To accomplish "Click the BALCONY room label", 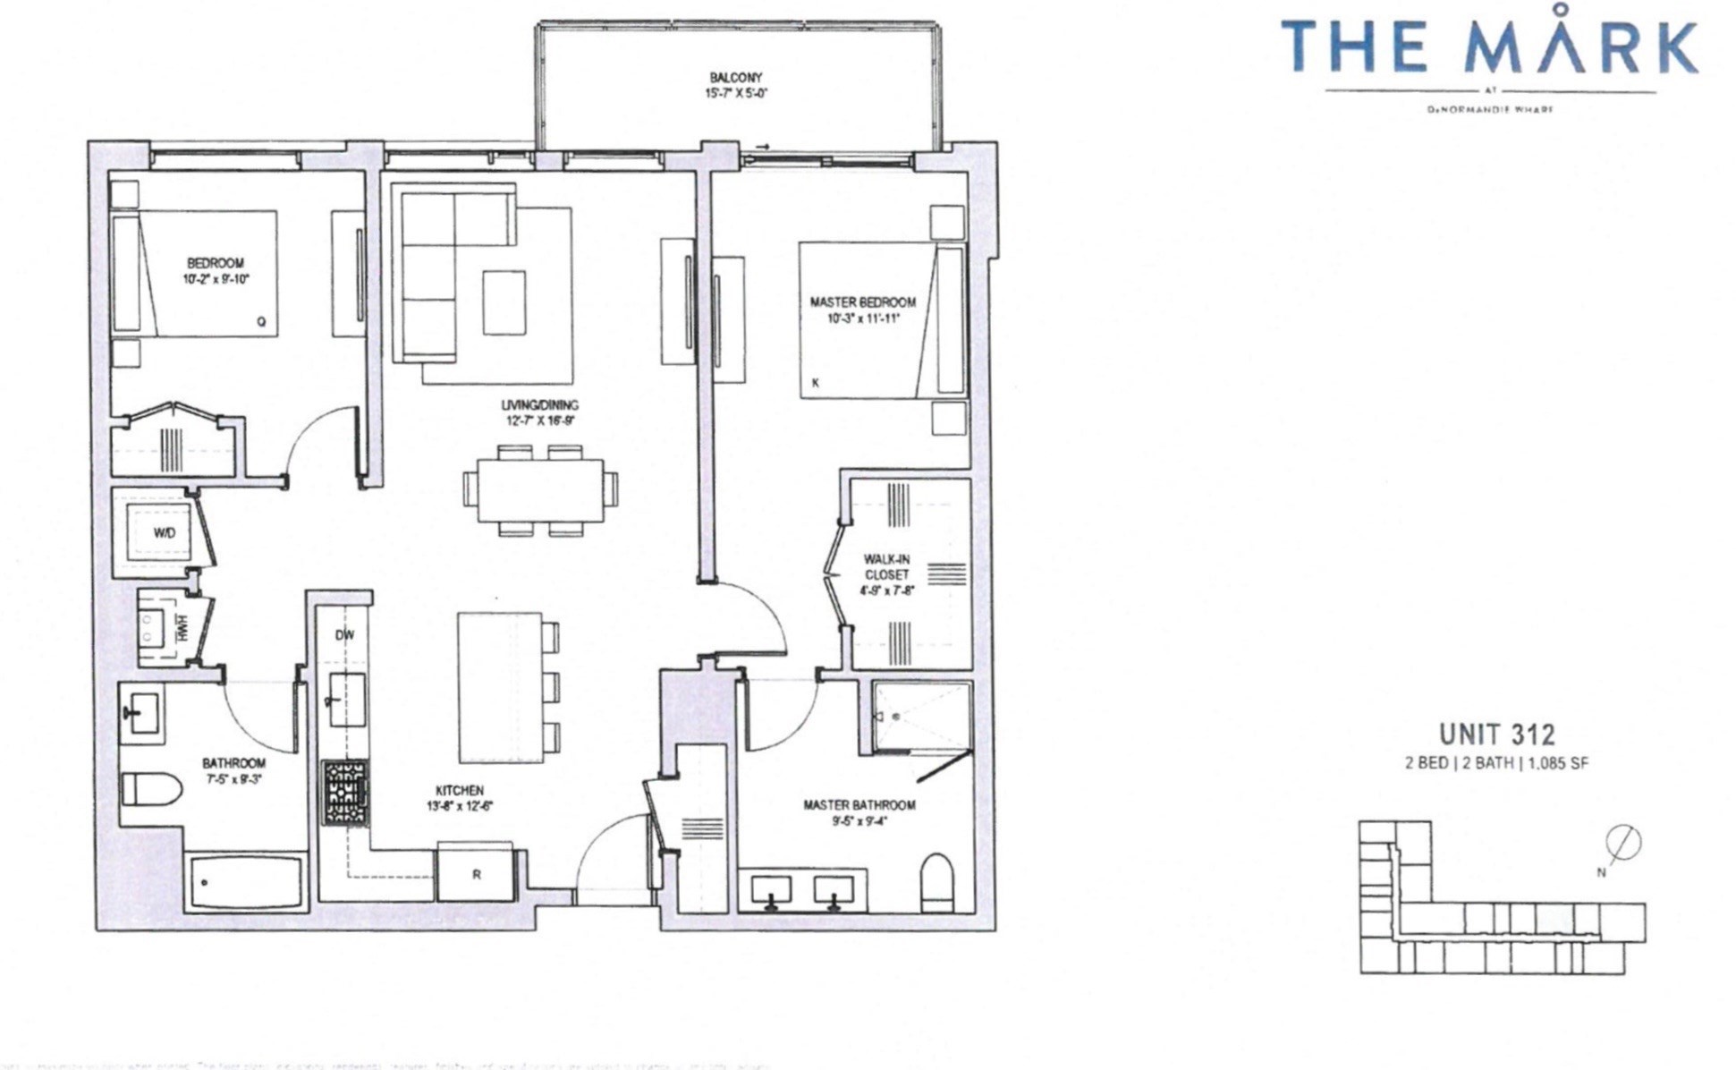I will [x=735, y=78].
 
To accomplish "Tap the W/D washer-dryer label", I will [x=165, y=533].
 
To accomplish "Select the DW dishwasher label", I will [x=344, y=635].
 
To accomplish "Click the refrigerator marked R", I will [x=476, y=874].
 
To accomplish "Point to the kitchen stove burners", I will [x=345, y=792].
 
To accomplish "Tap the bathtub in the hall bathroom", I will [x=246, y=883].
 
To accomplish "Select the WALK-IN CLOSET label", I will [x=886, y=567].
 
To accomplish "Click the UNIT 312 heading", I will [x=1496, y=735].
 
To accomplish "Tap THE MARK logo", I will [x=1489, y=48].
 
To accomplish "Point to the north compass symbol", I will [x=1622, y=843].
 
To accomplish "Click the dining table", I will [x=539, y=490].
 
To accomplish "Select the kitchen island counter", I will [x=500, y=686].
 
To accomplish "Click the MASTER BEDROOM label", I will [x=862, y=302].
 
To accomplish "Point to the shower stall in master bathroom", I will [x=922, y=717].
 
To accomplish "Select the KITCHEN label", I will [x=460, y=791].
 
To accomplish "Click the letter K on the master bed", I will [x=815, y=383].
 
